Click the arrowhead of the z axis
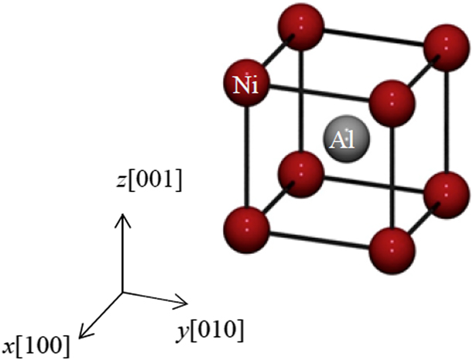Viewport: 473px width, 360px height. tap(122, 218)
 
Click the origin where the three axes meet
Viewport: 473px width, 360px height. tap(122, 293)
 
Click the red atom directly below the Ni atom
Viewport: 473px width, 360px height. tap(246, 226)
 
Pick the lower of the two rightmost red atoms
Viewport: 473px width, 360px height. tap(445, 194)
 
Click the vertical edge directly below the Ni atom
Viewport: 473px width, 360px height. tap(246, 155)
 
